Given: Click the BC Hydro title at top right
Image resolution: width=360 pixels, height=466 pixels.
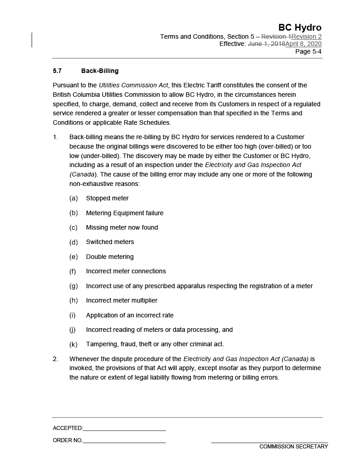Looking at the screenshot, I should point(300,27).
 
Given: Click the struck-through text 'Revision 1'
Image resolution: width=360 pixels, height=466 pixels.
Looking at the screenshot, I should point(276,36).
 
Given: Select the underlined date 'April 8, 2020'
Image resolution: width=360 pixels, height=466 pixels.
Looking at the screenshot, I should point(303,44).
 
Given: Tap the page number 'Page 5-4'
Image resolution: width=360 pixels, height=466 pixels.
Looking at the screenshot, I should point(308,51).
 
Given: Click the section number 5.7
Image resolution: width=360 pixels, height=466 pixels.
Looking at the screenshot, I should point(57,71).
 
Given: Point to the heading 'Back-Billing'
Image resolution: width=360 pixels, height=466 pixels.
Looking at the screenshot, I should point(100,71).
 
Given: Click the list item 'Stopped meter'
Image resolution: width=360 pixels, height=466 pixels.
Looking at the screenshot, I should point(107,198).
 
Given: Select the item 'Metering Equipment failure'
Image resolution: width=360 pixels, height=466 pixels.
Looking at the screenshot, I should point(125,213).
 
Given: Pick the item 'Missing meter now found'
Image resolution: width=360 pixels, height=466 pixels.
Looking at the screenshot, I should point(122,227).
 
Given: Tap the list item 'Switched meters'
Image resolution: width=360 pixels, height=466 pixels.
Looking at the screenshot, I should point(110,242).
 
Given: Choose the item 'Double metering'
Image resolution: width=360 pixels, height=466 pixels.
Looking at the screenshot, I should point(110,257).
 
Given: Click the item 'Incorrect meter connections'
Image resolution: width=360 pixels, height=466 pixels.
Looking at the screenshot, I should point(126,271).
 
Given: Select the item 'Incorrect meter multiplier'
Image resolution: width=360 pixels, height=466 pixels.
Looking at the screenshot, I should point(121,300).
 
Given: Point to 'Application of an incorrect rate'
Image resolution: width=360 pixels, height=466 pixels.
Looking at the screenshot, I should point(130,315).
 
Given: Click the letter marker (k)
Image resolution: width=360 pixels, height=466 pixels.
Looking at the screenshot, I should point(73,344).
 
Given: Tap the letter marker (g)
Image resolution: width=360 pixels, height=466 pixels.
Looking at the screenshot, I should point(73,286).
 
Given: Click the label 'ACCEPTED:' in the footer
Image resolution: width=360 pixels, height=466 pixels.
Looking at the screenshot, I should point(68,428).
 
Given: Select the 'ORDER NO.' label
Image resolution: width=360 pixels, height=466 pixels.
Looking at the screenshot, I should point(67,440).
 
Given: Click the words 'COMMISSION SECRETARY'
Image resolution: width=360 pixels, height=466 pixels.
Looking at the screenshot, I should point(293,447).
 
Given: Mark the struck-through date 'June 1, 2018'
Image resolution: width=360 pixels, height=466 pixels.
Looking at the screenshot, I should point(266,44).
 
